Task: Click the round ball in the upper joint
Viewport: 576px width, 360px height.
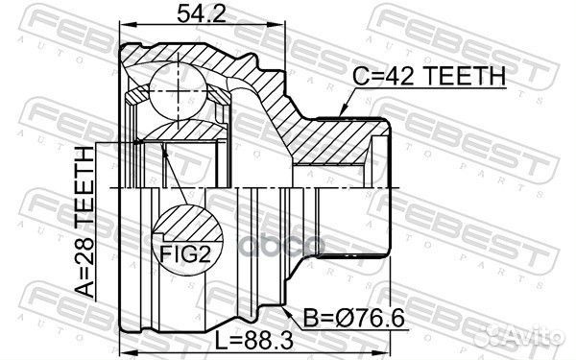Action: pos(183,81)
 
